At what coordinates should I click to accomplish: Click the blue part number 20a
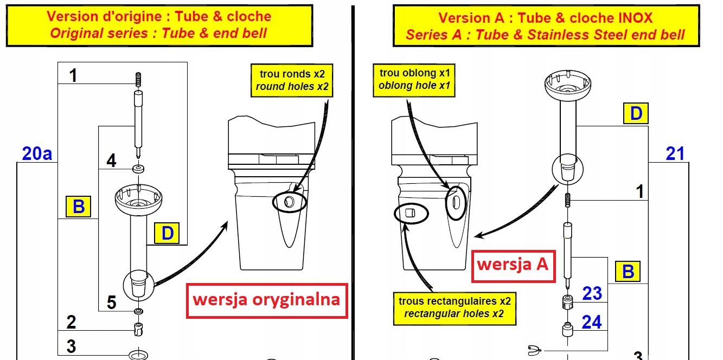(x=37, y=154)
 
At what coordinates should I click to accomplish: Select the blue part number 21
(x=675, y=154)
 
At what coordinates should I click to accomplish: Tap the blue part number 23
(x=592, y=293)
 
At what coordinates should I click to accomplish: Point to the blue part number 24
(x=592, y=322)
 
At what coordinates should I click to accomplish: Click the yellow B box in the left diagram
(x=79, y=207)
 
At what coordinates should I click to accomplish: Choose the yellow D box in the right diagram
(x=636, y=114)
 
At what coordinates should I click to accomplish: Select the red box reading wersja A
(x=513, y=265)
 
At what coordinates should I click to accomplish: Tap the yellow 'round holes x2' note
(x=290, y=81)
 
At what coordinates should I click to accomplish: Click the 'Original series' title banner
(x=159, y=25)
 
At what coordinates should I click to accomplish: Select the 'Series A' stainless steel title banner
(x=546, y=26)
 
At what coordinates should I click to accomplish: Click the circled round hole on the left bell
(x=288, y=203)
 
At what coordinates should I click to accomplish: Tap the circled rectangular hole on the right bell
(x=411, y=213)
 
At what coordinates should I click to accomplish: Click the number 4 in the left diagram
(x=111, y=161)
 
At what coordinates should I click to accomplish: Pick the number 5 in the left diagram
(x=111, y=302)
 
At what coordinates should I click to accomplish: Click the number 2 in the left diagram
(x=71, y=322)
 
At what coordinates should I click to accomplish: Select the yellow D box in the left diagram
(x=167, y=234)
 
